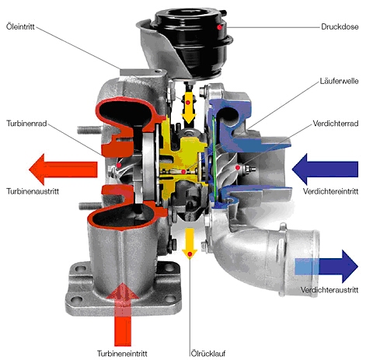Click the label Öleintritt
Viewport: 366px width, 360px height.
pos(20,26)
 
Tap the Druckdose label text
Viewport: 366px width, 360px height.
pos(340,26)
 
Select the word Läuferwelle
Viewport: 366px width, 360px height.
pos(339,81)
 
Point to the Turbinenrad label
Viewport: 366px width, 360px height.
pos(26,124)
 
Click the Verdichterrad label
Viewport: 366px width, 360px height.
pos(336,124)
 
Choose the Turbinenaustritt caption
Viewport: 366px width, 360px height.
pos(33,191)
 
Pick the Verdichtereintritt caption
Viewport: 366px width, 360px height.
pos(331,191)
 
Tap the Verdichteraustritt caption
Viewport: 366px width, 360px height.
pos(329,290)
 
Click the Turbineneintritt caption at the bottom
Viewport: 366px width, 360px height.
pos(122,353)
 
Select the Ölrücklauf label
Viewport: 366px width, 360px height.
pos(208,353)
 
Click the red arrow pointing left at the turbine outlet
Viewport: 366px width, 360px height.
pos(63,170)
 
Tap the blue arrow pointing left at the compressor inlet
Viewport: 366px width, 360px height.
pos(325,169)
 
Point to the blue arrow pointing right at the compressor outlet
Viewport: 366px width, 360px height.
pos(326,267)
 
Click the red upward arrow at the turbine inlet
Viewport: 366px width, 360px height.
pos(123,314)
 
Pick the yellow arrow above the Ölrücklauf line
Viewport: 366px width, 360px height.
pos(190,243)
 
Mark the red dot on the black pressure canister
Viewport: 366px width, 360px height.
pos(219,27)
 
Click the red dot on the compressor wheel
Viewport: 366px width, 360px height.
pos(237,168)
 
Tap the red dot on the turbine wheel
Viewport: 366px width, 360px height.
pos(119,165)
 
